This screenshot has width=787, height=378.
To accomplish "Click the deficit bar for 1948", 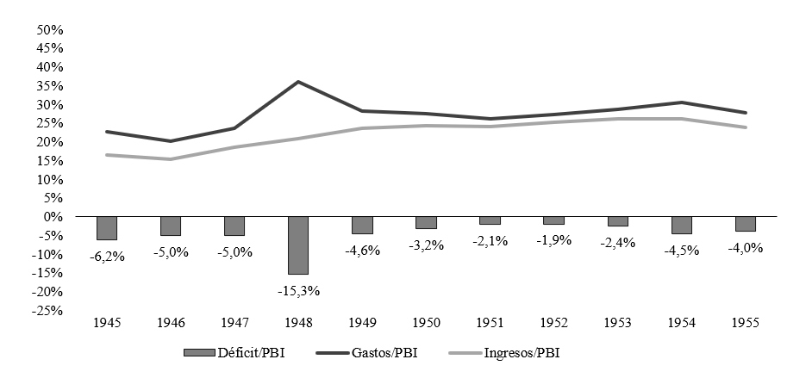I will tap(298, 245).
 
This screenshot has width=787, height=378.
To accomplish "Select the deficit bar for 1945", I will tap(107, 228).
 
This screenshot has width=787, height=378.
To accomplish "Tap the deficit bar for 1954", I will tap(682, 225).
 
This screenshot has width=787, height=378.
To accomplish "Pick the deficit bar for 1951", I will tap(490, 220).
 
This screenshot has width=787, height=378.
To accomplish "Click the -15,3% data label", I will tap(298, 290).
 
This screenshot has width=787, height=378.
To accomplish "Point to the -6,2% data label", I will tap(107, 256).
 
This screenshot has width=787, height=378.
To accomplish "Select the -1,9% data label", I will tap(554, 240).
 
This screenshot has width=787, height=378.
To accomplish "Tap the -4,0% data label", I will tap(746, 248).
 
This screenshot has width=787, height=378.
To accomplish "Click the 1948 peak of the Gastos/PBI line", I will tap(298, 82).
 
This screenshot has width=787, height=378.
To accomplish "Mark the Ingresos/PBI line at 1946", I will tap(171, 159).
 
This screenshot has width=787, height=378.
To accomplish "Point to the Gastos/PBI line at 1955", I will tap(746, 113).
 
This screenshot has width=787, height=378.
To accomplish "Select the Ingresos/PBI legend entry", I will tap(504, 352).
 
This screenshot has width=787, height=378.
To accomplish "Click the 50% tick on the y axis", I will tap(50, 29).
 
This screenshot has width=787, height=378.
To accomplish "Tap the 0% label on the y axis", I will tap(54, 216).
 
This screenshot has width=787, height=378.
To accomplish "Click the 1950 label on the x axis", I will tap(427, 323).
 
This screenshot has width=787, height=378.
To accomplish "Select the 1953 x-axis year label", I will tap(618, 323).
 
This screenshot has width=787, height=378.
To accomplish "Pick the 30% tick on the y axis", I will tap(50, 104).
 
